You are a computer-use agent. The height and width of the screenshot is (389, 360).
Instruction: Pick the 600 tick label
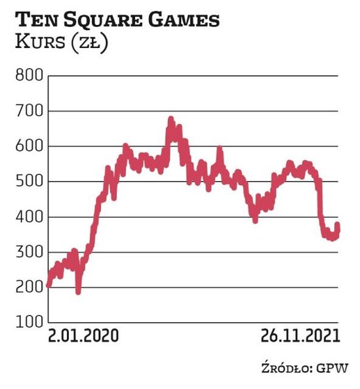point(27,146)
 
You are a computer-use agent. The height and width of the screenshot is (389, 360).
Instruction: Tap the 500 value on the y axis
point(27,182)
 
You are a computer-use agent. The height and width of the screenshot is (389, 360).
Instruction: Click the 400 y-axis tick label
point(27,217)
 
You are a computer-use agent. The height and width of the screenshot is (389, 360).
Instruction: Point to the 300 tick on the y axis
point(27,253)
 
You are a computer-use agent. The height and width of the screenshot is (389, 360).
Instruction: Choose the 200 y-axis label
point(27,287)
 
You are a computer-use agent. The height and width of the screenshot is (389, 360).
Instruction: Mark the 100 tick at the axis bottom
point(27,323)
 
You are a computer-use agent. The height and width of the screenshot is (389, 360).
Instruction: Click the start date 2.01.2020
point(83,337)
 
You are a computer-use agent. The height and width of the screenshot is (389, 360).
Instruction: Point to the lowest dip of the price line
point(79,291)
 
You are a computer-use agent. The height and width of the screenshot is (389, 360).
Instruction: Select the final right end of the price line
point(338,226)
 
